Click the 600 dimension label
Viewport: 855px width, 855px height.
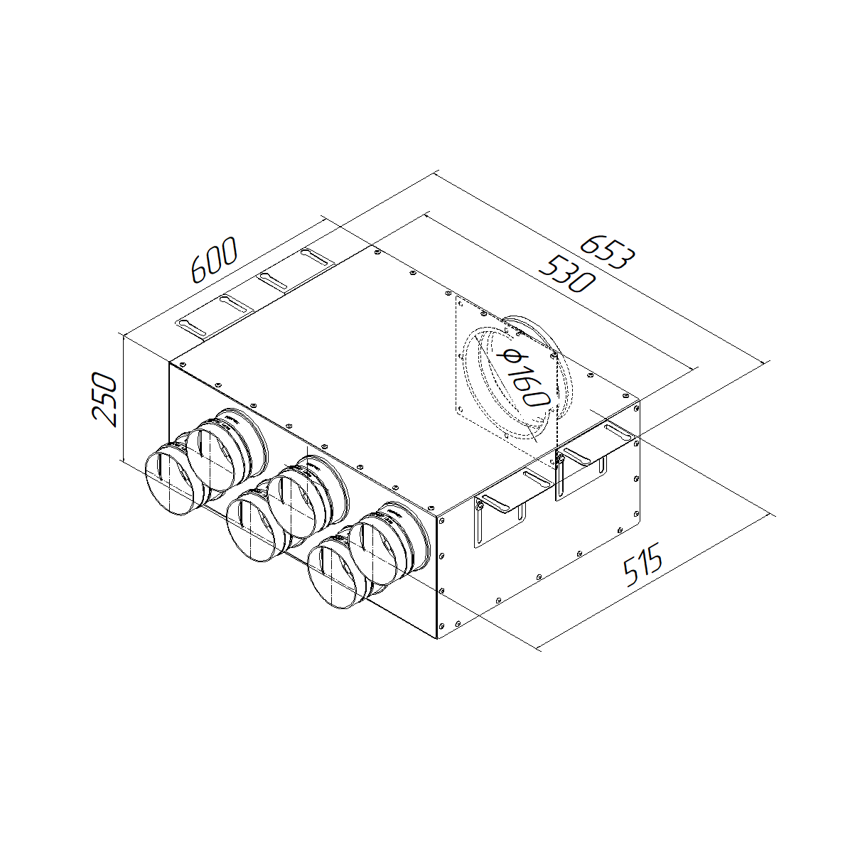coord(215,259)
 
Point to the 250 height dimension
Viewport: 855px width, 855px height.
coord(104,399)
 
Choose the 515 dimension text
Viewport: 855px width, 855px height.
coord(643,564)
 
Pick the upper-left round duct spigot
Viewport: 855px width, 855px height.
coord(226,449)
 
